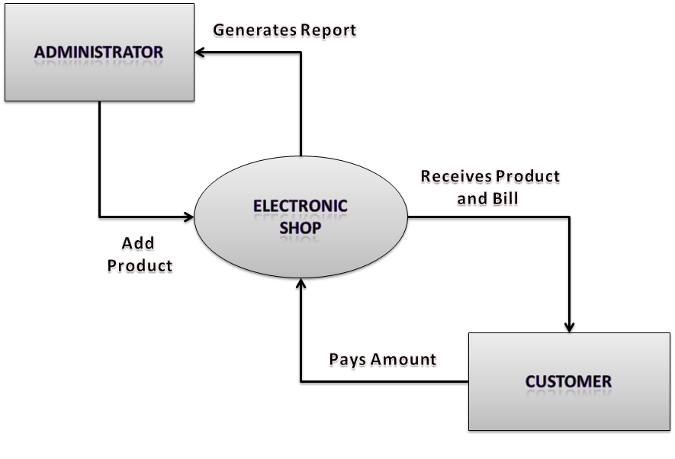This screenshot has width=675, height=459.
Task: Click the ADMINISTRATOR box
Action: pos(99,53)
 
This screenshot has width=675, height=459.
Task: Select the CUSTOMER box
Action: pos(568,381)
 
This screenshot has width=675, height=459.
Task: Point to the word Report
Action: pos(328,30)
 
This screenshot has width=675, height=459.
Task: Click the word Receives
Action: pos(455,177)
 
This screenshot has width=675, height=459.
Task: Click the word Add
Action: pos(138,243)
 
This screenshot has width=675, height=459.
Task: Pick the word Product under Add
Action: pos(140,265)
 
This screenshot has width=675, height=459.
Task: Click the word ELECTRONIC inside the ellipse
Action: pos(301,206)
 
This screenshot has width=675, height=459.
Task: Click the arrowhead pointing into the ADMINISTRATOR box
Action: pos(200,52)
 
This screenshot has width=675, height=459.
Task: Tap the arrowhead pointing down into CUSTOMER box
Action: pos(569,326)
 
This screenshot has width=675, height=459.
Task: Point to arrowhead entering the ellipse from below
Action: pos(301,284)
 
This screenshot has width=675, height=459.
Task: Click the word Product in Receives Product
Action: pos(527,177)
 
